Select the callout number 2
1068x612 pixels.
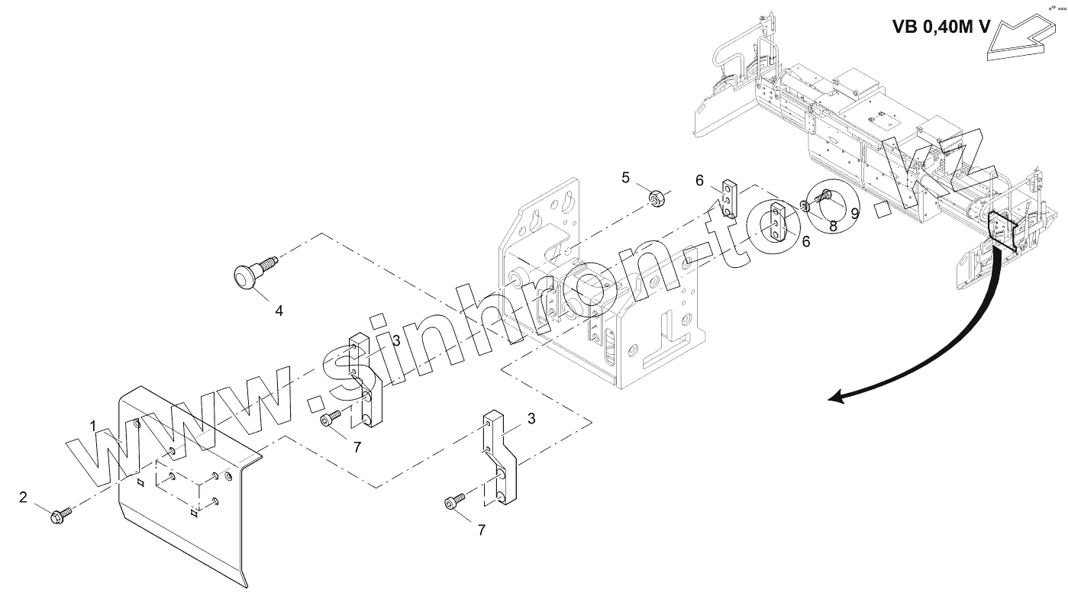[x=23, y=498]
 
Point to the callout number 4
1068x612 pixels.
[x=279, y=311]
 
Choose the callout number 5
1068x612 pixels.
[x=626, y=178]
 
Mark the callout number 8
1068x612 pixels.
[x=833, y=226]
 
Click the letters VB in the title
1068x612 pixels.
[x=907, y=27]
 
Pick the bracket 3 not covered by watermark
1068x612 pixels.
[x=500, y=458]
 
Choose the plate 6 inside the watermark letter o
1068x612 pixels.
[x=778, y=222]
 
